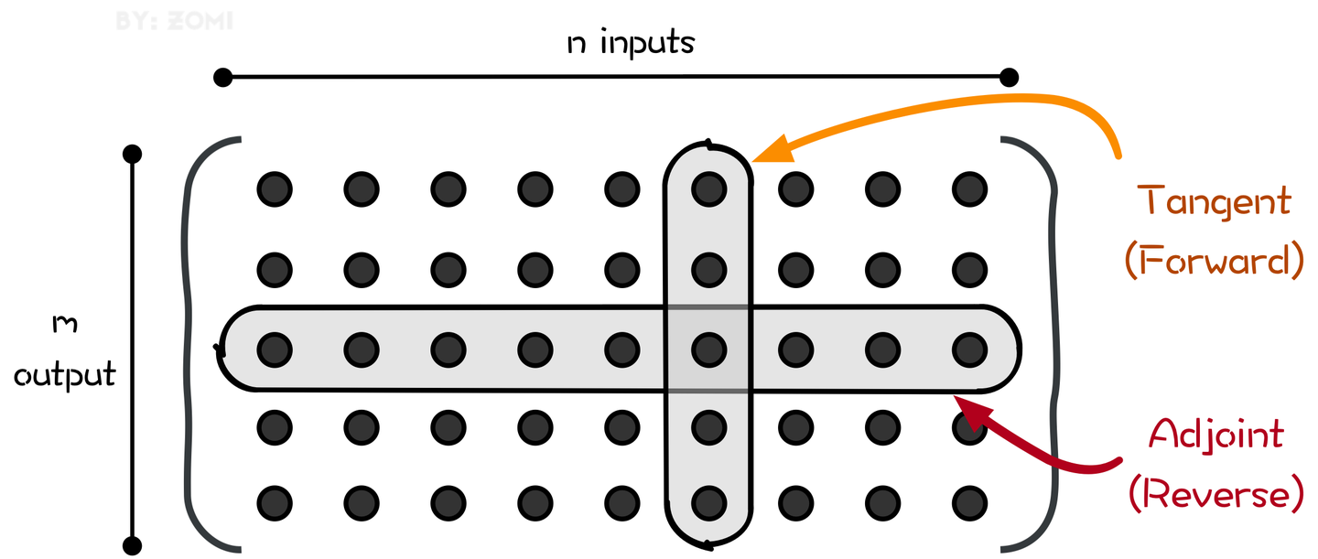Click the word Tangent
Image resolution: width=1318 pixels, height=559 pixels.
point(1214,202)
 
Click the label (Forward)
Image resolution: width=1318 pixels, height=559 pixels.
point(1214,261)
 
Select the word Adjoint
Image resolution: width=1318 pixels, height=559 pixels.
point(1216,435)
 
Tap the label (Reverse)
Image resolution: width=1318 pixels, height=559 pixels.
point(1216,494)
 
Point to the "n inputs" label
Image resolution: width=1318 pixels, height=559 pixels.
point(631,42)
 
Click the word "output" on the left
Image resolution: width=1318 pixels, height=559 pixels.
point(65,375)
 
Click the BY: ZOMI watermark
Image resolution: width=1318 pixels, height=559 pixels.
point(174,21)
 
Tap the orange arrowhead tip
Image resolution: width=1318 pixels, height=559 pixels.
point(752,161)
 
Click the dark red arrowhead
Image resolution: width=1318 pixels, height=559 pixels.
point(955,397)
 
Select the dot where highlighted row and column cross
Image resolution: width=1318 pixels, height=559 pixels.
point(709,349)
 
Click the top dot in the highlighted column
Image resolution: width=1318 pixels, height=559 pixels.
point(709,189)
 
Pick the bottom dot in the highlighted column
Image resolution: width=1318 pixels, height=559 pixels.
point(709,504)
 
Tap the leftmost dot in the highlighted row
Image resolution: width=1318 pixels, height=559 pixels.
point(275,349)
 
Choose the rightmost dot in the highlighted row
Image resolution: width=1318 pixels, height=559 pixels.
point(969,349)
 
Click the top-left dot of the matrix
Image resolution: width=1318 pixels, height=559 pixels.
point(275,189)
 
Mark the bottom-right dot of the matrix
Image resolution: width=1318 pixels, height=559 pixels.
point(969,504)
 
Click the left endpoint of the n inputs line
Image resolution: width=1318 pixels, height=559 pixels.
point(223,77)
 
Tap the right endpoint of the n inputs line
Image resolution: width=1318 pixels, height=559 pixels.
point(1009,77)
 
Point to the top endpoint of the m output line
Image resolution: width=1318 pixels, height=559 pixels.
point(133,155)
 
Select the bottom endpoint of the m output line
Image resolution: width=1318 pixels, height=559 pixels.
point(133,545)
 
